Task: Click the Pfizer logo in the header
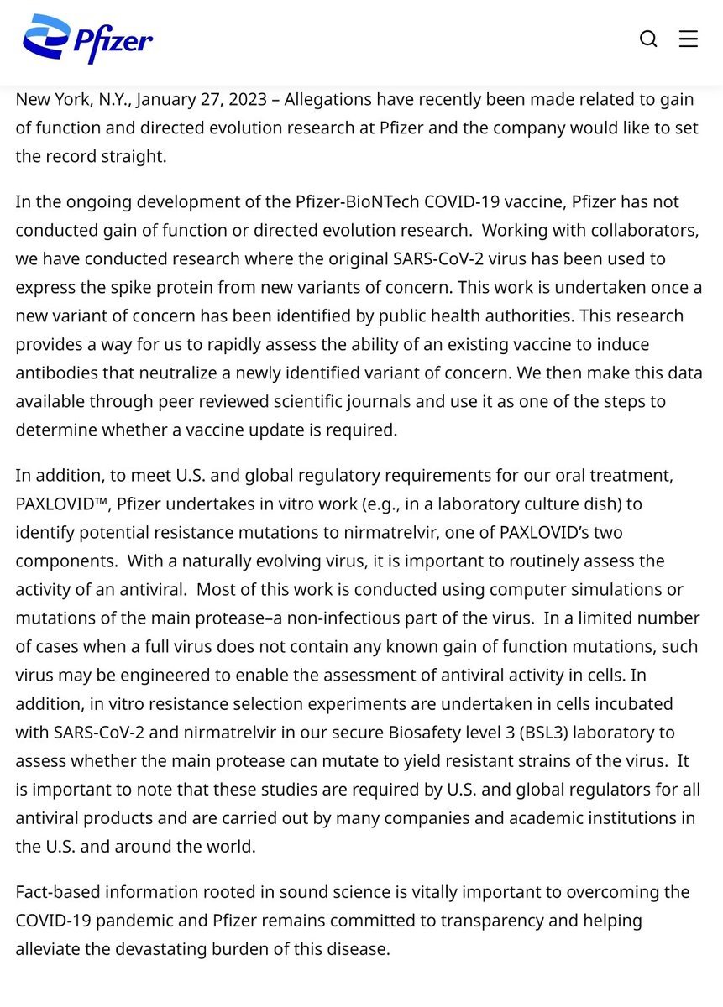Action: coord(87,39)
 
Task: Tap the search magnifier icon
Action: coord(648,39)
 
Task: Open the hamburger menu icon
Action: coord(689,39)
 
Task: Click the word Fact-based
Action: coord(57,891)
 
